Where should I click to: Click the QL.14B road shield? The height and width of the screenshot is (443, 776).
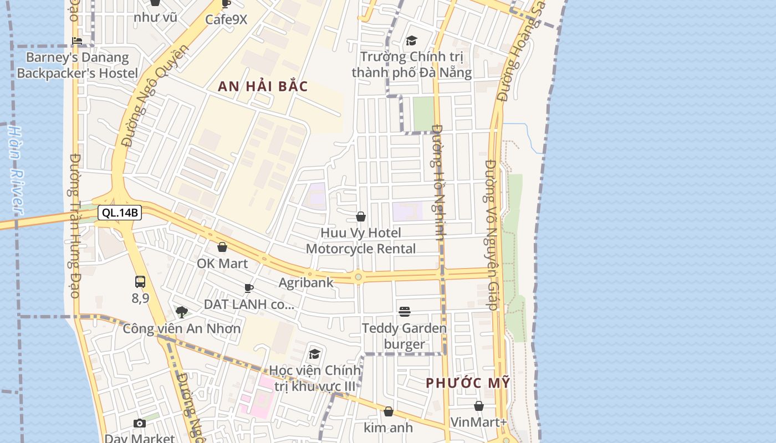[x=119, y=213]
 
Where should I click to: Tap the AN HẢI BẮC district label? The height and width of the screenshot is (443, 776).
[x=263, y=86]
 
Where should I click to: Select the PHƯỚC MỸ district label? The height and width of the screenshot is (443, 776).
[x=468, y=383]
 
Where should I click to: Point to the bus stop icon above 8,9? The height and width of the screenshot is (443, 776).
[x=140, y=281]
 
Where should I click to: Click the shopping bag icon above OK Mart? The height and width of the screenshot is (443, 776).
[x=222, y=247]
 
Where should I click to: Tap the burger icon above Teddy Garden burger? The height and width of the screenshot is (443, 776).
[x=405, y=312]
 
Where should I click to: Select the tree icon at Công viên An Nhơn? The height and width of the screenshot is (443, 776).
[x=181, y=312]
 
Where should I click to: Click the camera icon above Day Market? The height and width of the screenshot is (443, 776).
[x=140, y=424]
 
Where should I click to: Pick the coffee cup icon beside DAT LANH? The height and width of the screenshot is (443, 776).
[x=249, y=288]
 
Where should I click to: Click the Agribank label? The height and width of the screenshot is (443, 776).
[x=306, y=282]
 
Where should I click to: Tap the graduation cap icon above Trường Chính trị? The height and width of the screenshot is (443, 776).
[x=411, y=40]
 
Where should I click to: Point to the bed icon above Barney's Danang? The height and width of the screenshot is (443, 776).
[x=77, y=41]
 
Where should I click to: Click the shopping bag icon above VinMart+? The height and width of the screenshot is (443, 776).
[x=479, y=406]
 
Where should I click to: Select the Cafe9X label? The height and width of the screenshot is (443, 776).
[x=226, y=19]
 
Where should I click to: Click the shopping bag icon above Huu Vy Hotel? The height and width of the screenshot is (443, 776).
[x=361, y=217]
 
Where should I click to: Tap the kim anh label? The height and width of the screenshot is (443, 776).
[x=388, y=427]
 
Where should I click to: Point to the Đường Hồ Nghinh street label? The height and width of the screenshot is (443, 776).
[x=439, y=183]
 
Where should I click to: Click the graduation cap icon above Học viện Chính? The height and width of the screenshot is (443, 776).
[x=315, y=354]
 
